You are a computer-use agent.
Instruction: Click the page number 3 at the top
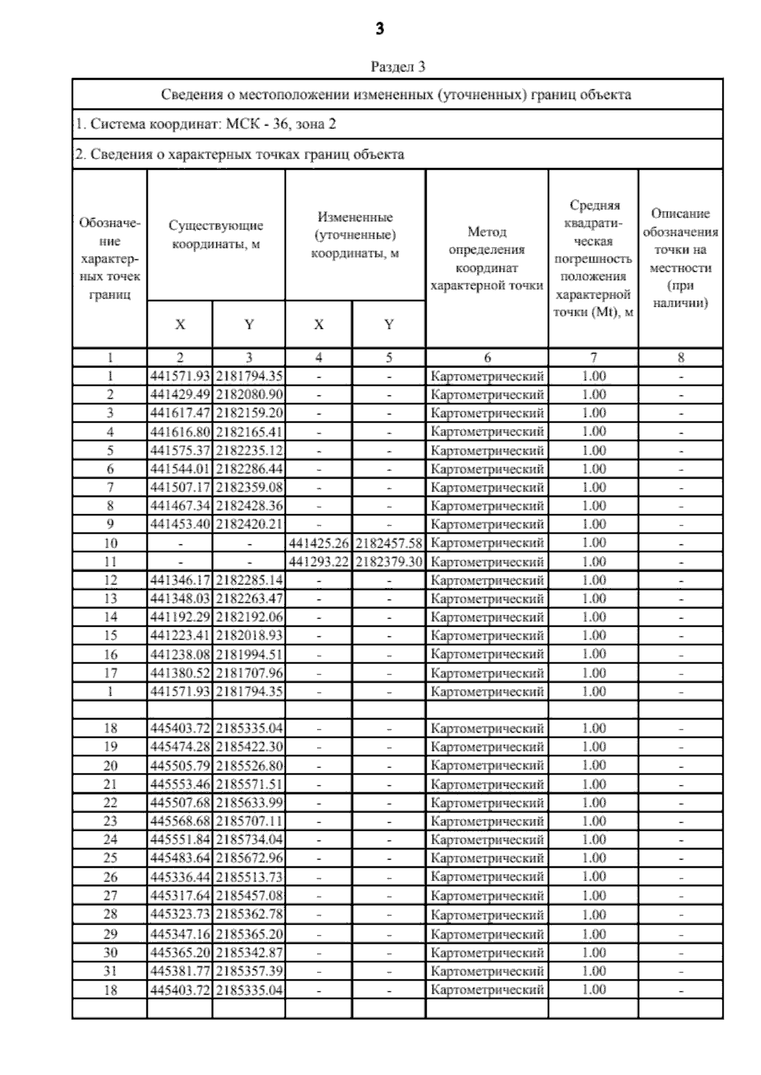pyautogui.click(x=379, y=29)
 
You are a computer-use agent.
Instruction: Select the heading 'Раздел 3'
pyautogui.click(x=398, y=67)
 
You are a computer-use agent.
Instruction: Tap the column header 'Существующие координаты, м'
pyautogui.click(x=216, y=235)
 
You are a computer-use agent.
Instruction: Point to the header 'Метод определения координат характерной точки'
pyautogui.click(x=486, y=259)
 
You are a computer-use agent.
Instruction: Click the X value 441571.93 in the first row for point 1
pyautogui.click(x=180, y=376)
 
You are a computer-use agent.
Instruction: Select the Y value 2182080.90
pyautogui.click(x=249, y=394)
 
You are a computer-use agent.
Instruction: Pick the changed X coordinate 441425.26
pyautogui.click(x=319, y=543)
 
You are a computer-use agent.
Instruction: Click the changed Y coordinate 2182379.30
pyautogui.click(x=389, y=562)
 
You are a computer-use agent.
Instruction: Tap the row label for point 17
pyautogui.click(x=110, y=673)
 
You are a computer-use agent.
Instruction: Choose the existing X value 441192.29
pyautogui.click(x=180, y=617)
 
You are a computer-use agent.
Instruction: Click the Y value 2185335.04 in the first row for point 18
pyautogui.click(x=249, y=728)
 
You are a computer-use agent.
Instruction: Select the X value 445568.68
pyautogui.click(x=180, y=821)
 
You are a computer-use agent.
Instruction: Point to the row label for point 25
pyautogui.click(x=110, y=858)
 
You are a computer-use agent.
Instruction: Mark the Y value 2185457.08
pyautogui.click(x=249, y=896)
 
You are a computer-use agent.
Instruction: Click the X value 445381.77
pyautogui.click(x=180, y=970)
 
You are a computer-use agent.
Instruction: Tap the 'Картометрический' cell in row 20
pyautogui.click(x=487, y=766)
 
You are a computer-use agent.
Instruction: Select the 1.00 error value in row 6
pyautogui.click(x=594, y=469)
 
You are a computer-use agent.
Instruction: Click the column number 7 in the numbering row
pyautogui.click(x=594, y=357)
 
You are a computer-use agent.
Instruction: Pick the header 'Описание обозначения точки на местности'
pyautogui.click(x=680, y=259)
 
